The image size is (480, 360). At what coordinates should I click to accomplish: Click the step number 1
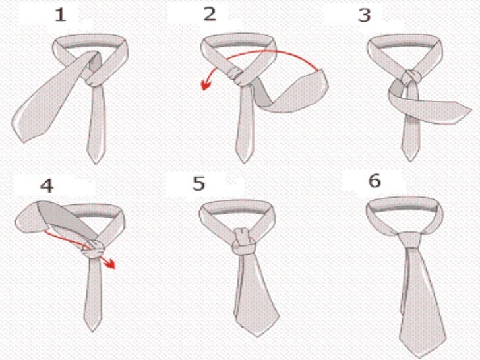click(61, 15)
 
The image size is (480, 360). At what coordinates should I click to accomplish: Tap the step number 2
click(210, 14)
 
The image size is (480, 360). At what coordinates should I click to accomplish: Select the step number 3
click(364, 15)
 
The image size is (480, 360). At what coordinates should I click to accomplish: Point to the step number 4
click(47, 185)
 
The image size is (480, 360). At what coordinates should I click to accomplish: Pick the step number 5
click(198, 183)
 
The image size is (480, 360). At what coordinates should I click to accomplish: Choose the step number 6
click(375, 180)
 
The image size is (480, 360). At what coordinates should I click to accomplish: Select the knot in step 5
click(244, 242)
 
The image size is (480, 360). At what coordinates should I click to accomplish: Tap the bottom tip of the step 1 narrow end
click(96, 164)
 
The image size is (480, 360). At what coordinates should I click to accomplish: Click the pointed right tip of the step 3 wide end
click(471, 109)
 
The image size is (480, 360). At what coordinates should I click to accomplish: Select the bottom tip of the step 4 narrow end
click(92, 331)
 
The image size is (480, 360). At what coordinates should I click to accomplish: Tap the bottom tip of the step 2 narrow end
click(244, 162)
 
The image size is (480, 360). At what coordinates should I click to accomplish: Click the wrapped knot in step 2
click(237, 76)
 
